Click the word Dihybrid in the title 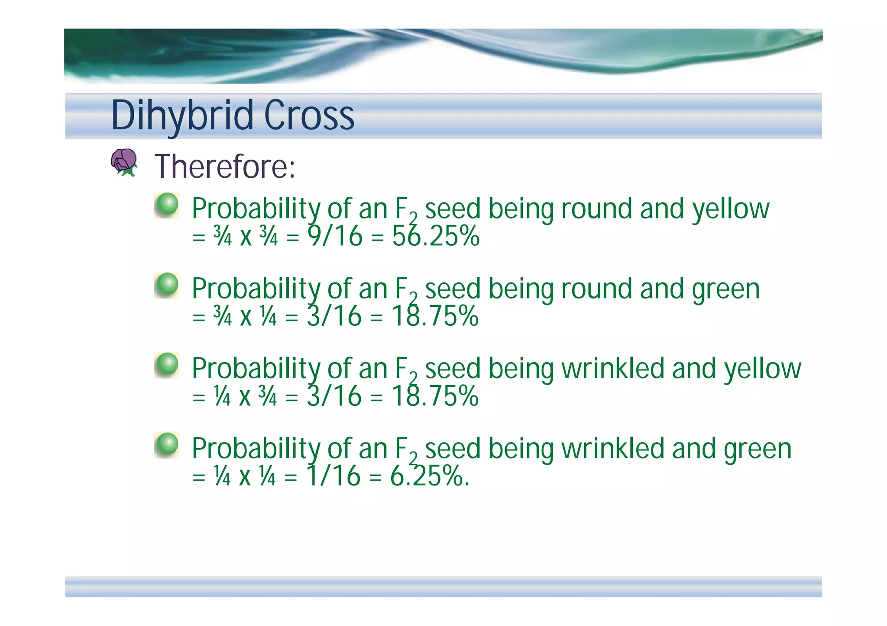[x=182, y=116]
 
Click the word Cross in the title [x=309, y=116]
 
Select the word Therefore [x=225, y=167]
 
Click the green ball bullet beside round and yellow [x=167, y=205]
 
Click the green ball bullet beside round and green [x=167, y=285]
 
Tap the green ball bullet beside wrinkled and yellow [x=167, y=365]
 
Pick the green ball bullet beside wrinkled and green [x=167, y=445]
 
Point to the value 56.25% [x=436, y=237]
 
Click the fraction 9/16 [x=335, y=237]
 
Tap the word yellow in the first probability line [x=731, y=209]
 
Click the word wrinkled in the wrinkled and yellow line [x=613, y=369]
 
